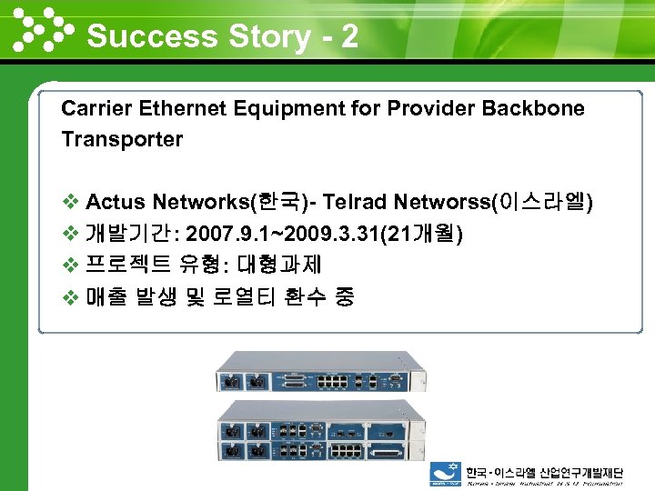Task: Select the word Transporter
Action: [x=122, y=140]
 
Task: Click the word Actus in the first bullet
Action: [x=116, y=202]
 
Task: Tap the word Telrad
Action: [x=356, y=202]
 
